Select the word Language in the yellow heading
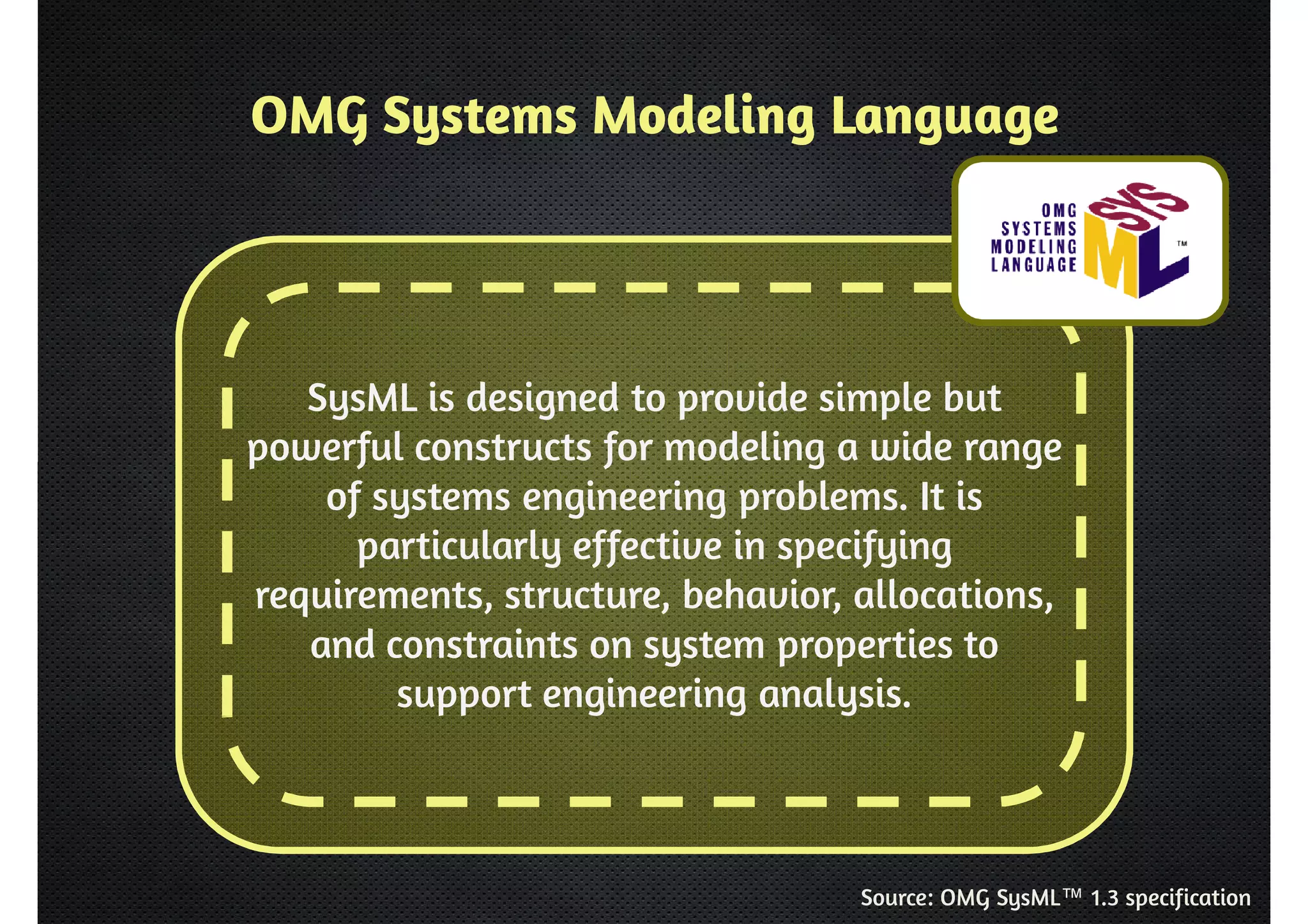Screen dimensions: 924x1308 pyautogui.click(x=945, y=119)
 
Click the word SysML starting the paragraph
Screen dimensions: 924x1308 pyautogui.click(x=361, y=398)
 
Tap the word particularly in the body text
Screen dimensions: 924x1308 pyautogui.click(x=458, y=548)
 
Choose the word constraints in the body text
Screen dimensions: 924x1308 pyautogui.click(x=482, y=645)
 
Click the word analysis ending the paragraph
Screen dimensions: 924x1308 pyautogui.click(x=835, y=695)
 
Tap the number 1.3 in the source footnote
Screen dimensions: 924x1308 pyautogui.click(x=1104, y=898)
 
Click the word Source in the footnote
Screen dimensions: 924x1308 pyautogui.click(x=896, y=898)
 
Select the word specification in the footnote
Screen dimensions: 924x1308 pyautogui.click(x=1187, y=898)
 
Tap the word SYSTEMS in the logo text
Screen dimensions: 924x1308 pyautogui.click(x=1038, y=229)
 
